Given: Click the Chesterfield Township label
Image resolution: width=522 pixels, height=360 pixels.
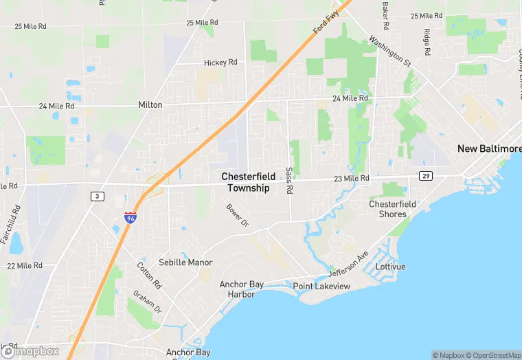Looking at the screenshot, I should (x=249, y=182).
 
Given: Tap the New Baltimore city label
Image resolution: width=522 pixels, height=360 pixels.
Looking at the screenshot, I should (x=489, y=149).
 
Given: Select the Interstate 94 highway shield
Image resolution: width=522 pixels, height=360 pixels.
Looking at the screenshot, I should (x=130, y=217).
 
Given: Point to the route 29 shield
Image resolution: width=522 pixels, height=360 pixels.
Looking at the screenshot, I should (x=426, y=177).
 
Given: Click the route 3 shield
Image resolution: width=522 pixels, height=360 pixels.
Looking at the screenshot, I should (x=97, y=196).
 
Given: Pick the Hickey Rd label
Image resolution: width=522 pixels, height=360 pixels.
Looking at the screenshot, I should (x=220, y=63).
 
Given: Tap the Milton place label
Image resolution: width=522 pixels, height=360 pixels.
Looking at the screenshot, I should (x=150, y=105).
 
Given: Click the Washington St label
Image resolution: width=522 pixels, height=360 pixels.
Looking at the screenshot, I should (x=389, y=51).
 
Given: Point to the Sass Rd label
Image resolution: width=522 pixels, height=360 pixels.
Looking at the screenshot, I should (x=289, y=179).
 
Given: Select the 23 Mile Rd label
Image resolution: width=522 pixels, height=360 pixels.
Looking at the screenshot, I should (x=350, y=178).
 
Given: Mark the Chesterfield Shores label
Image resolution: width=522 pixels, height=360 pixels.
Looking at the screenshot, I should (x=392, y=209).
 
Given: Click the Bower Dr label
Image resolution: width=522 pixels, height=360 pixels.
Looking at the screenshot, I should (x=236, y=215).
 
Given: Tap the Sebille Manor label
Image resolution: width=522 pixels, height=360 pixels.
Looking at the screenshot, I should (x=185, y=262).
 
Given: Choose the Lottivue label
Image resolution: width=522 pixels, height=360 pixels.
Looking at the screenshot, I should (x=391, y=266).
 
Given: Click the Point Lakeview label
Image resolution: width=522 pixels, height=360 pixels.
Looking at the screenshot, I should (x=321, y=286).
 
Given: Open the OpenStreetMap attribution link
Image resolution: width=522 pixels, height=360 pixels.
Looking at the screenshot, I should (x=492, y=355).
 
